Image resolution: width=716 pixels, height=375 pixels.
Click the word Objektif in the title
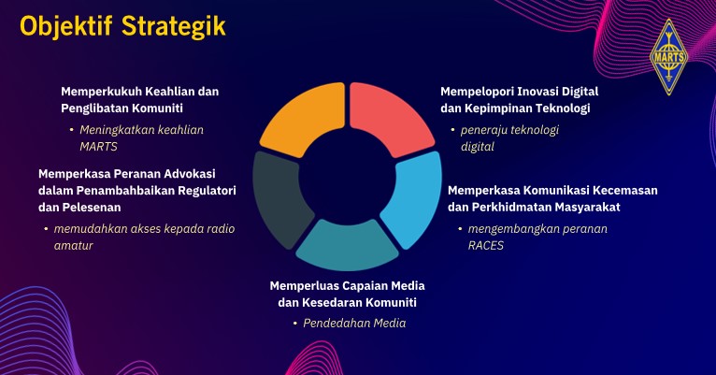point(65,26)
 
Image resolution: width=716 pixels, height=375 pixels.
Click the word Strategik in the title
point(174,26)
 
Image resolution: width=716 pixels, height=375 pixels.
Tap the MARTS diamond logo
point(669,57)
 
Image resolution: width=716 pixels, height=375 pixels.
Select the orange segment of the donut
point(305,118)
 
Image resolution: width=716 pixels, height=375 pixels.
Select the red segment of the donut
point(389,117)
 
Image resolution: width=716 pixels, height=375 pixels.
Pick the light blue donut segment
point(413,197)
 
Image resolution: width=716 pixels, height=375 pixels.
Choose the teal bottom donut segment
point(347,244)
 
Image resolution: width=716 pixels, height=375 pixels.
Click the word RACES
point(486,246)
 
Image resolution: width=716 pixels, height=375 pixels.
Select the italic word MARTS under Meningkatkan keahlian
point(99,147)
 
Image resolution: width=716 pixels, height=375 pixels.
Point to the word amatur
point(74,246)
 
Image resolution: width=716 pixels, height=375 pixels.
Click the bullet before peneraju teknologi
point(452,130)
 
